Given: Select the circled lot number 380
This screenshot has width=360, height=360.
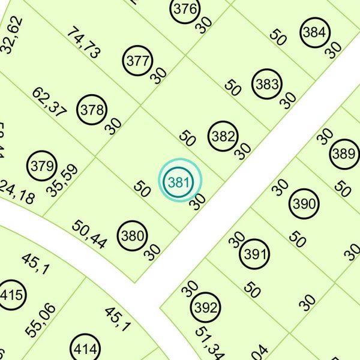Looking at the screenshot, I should point(132,236).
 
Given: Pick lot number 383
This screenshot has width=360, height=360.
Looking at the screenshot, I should point(266,84).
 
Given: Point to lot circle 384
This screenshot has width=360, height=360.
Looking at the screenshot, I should point(314,33).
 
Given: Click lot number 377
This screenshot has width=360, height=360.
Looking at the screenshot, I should point(138,61).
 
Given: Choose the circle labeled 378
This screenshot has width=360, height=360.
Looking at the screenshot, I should point(92,110).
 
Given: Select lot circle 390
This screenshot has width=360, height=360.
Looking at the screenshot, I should point(304,204).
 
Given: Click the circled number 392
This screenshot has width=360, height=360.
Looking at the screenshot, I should point(206,308).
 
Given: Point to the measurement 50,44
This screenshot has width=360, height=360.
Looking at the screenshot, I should point(90,235).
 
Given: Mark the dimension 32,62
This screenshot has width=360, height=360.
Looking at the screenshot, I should point(13,35).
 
